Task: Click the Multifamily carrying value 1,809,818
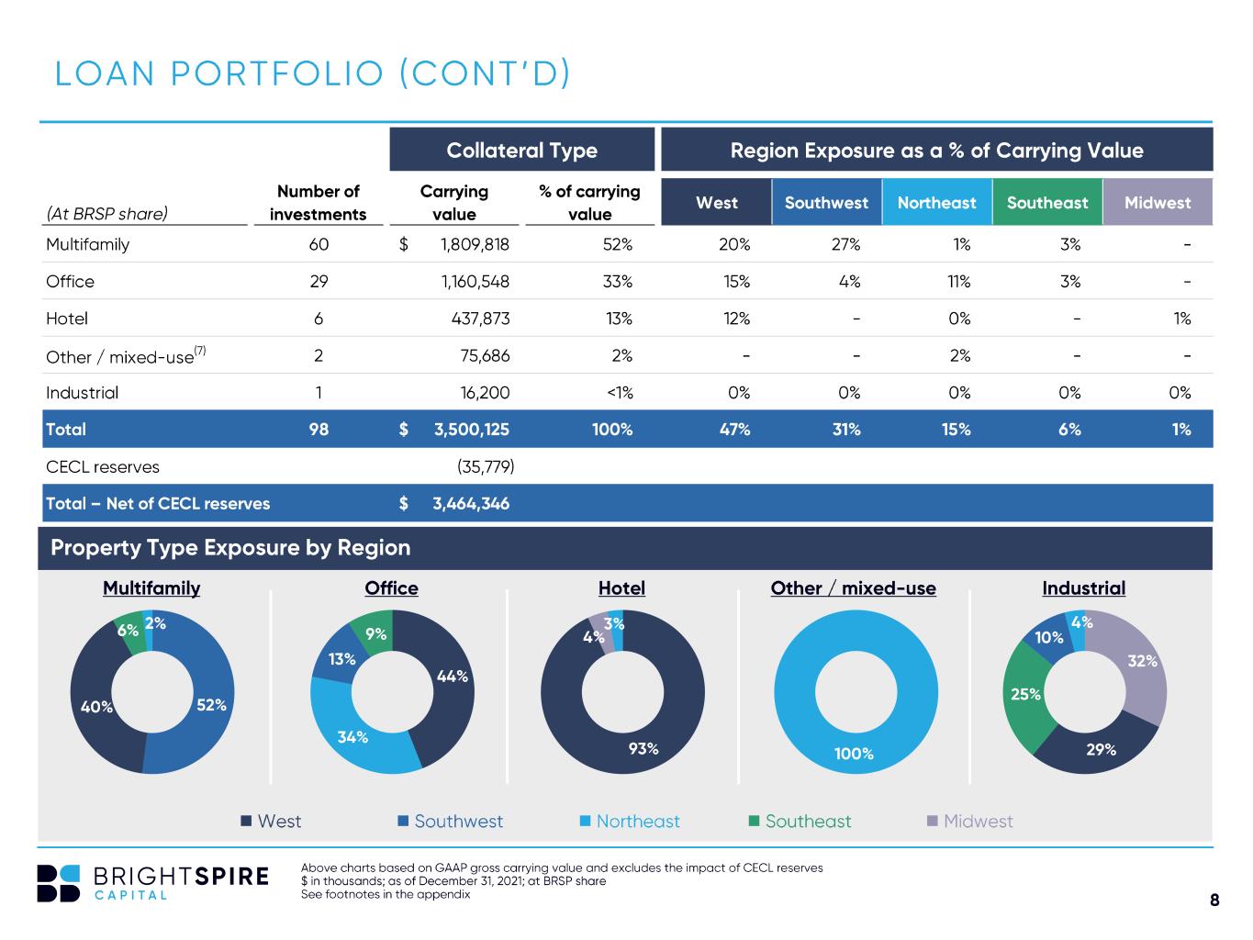[475, 244]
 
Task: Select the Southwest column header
[826, 202]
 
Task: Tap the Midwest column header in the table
[1158, 202]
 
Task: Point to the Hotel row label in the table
[67, 319]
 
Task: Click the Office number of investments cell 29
[319, 282]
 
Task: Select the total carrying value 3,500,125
[472, 430]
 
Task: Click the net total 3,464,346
[471, 503]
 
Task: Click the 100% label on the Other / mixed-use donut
[854, 754]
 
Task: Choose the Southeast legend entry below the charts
[800, 822]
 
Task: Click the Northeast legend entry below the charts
[630, 822]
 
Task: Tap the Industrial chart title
[1083, 588]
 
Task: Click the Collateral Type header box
[521, 150]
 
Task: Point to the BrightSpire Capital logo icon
[58, 883]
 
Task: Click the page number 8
[1214, 900]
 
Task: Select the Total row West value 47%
[734, 430]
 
